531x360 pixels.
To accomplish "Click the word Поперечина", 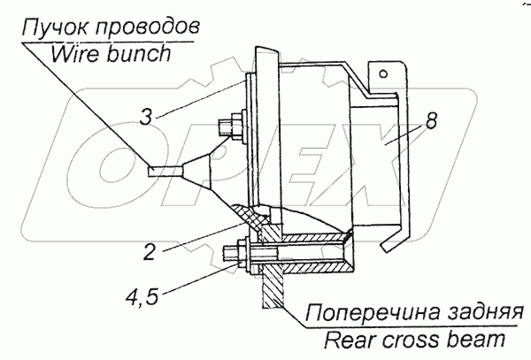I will click(x=354, y=312).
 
